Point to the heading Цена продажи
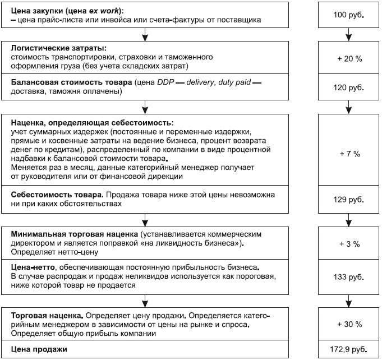(39, 349)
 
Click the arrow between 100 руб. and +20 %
(347, 36)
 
